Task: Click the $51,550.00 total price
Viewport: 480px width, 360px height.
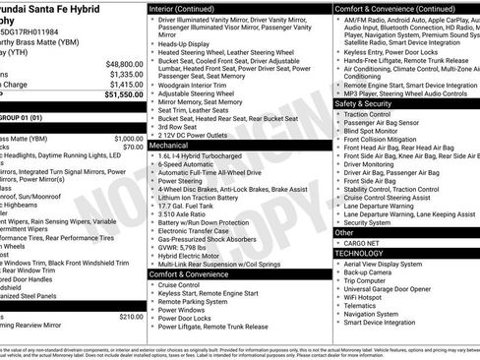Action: [x=122, y=95]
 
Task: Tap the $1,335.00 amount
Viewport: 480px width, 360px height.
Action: [x=125, y=73]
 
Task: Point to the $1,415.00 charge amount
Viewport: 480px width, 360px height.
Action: [x=125, y=85]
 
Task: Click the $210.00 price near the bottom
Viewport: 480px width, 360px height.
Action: [x=130, y=317]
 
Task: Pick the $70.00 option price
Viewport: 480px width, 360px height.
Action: [x=133, y=148]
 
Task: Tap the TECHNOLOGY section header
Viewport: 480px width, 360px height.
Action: [x=361, y=253]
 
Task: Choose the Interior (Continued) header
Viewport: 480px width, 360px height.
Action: [x=184, y=8]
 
